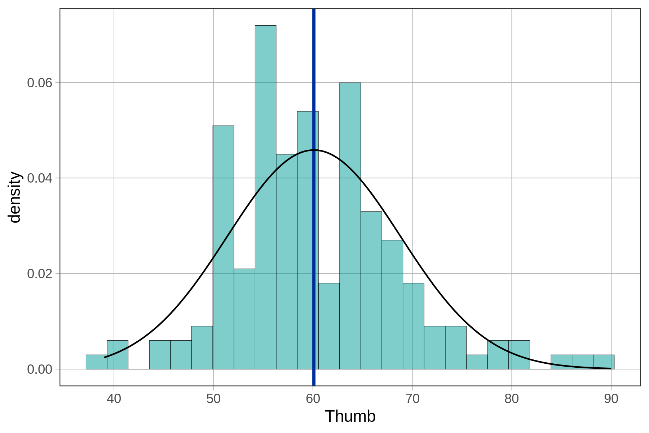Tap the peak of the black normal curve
click(314, 150)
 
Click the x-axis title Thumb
click(350, 416)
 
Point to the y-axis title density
click(15, 197)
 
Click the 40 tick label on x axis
click(114, 399)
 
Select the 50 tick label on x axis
click(213, 399)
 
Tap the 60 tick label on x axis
click(313, 399)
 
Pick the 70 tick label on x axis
click(412, 399)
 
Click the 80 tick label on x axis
click(512, 399)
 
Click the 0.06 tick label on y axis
click(40, 83)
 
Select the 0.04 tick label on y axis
click(40, 178)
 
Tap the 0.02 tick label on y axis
click(40, 274)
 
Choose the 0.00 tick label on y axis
click(40, 369)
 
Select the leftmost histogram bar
click(96, 362)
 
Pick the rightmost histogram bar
click(604, 362)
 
